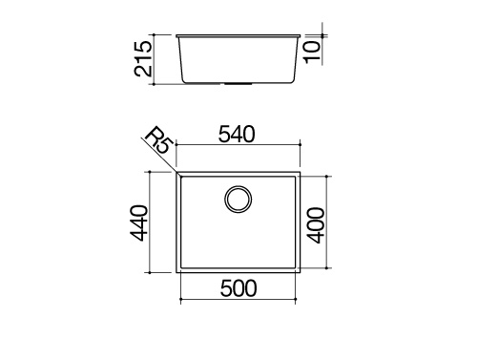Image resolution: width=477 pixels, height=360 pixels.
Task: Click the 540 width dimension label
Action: click(x=237, y=134)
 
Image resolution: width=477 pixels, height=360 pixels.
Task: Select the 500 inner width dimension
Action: click(x=238, y=288)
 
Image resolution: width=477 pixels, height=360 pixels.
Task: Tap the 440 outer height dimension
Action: click(x=139, y=222)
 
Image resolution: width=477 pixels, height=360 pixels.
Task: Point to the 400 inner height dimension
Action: click(x=316, y=225)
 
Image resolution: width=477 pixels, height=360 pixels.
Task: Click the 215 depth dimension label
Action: click(x=143, y=58)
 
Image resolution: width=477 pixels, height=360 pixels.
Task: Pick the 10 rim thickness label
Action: click(x=313, y=52)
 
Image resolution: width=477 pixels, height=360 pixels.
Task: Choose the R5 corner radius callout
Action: click(x=158, y=140)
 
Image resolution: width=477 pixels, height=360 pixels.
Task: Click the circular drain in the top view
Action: click(x=238, y=200)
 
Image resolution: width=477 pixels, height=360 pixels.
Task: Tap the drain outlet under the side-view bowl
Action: click(x=238, y=84)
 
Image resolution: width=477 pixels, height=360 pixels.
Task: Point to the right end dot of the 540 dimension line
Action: click(x=301, y=144)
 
